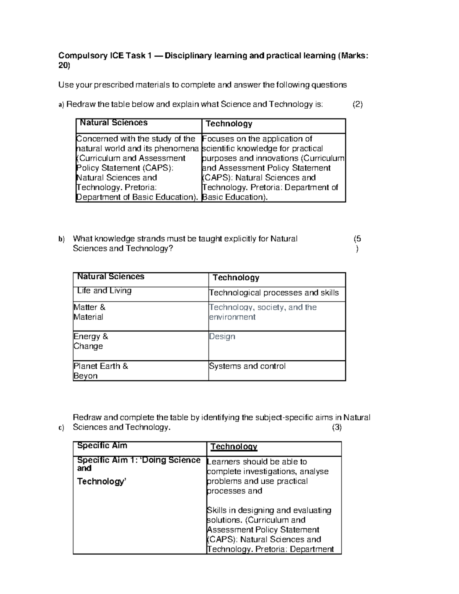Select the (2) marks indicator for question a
[x=357, y=104]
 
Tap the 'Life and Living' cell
[x=104, y=291]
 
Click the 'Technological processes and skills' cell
[x=274, y=293]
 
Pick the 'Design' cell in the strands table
[x=222, y=337]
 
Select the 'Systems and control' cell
[x=247, y=366]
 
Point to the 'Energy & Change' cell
[x=91, y=341]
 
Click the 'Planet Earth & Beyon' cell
[x=101, y=371]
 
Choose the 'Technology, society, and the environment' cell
[x=263, y=312]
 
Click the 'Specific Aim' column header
[x=102, y=446]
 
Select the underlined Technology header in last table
[x=234, y=447]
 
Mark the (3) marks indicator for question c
[x=337, y=428]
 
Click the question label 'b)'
[x=62, y=239]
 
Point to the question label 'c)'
[x=62, y=428]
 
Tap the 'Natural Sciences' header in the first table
[x=114, y=123]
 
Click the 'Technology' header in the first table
[x=229, y=124]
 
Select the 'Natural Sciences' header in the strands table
[x=111, y=277]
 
